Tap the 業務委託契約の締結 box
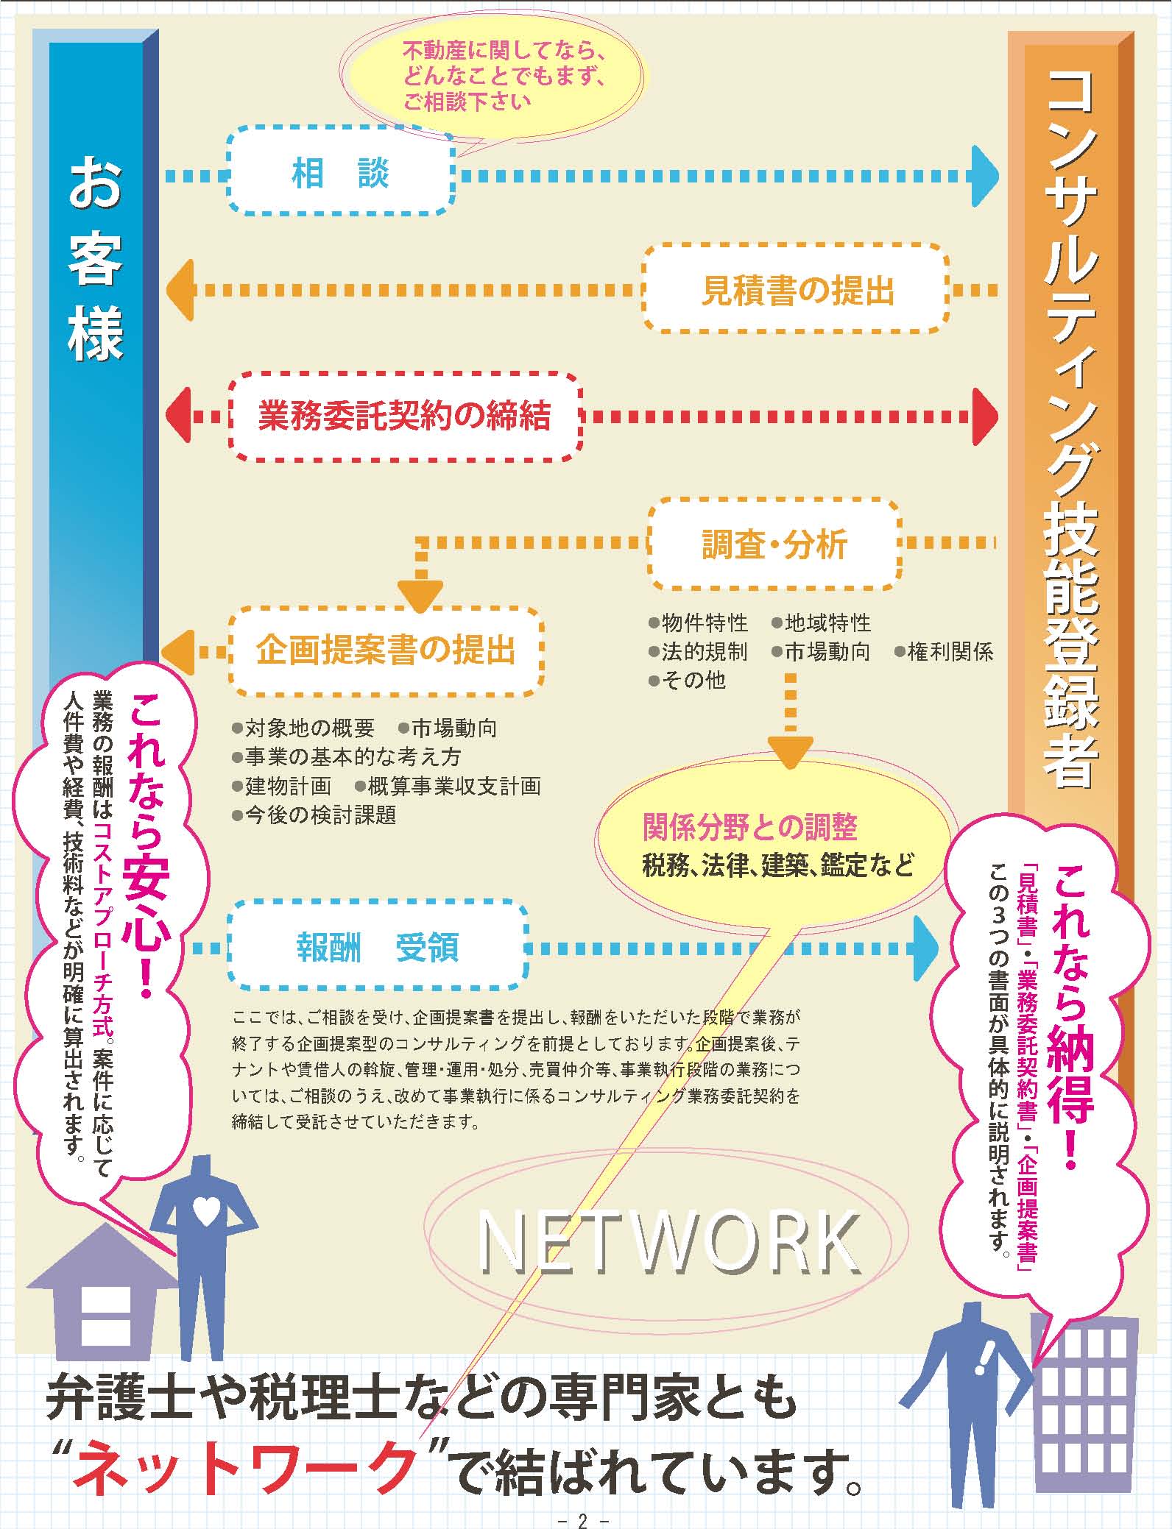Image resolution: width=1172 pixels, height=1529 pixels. pos(404,416)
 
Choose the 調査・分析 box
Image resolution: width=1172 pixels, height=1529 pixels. pos(774,544)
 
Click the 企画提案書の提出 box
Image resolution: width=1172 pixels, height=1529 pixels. pos(386,650)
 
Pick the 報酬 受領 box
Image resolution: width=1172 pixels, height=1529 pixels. pos(378,947)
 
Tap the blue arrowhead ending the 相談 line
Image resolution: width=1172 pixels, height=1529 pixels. pos(984,176)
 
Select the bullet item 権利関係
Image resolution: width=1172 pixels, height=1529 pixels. pos(945,652)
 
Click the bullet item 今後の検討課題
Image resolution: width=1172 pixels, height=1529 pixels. pos(314,815)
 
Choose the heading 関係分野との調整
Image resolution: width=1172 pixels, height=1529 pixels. pos(749,828)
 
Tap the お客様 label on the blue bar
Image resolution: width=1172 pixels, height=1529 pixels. pos(96,261)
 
